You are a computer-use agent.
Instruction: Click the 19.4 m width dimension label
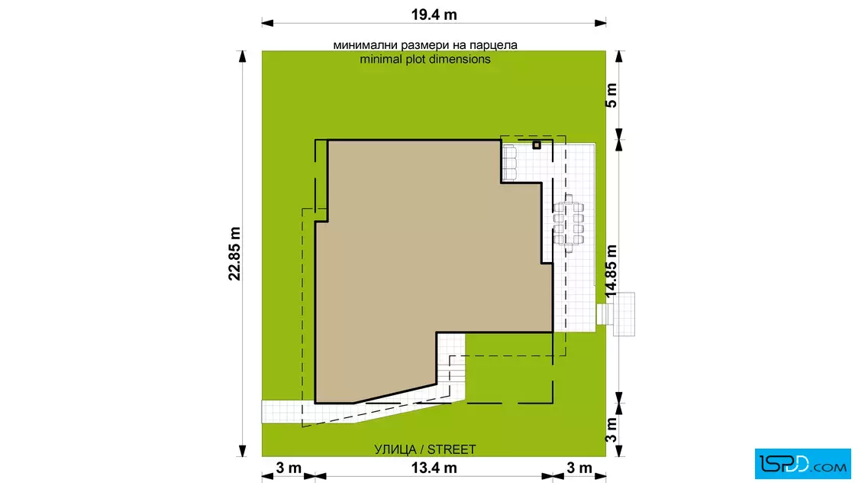[x=434, y=15]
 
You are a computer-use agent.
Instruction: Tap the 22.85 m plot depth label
[x=234, y=254]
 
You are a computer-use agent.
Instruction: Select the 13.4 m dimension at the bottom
[x=434, y=468]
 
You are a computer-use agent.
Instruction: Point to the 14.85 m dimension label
[x=611, y=271]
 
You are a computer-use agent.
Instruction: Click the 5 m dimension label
[x=611, y=96]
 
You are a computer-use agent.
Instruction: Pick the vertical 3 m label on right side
[x=611, y=430]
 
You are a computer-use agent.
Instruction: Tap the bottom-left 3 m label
[x=289, y=468]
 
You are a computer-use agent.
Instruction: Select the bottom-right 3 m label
[x=579, y=468]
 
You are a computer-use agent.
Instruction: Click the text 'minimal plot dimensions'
[x=425, y=59]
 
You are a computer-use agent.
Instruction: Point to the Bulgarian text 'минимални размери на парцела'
[x=425, y=45]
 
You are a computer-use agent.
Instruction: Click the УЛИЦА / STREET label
[x=424, y=449]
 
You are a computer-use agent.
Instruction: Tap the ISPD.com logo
[x=802, y=464]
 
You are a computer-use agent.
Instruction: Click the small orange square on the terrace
[x=537, y=145]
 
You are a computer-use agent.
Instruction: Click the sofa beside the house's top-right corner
[x=508, y=162]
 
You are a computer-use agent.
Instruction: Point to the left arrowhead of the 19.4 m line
[x=267, y=23]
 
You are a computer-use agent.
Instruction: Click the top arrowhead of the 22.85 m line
[x=242, y=57]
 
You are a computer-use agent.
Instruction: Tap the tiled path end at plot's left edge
[x=273, y=411]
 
